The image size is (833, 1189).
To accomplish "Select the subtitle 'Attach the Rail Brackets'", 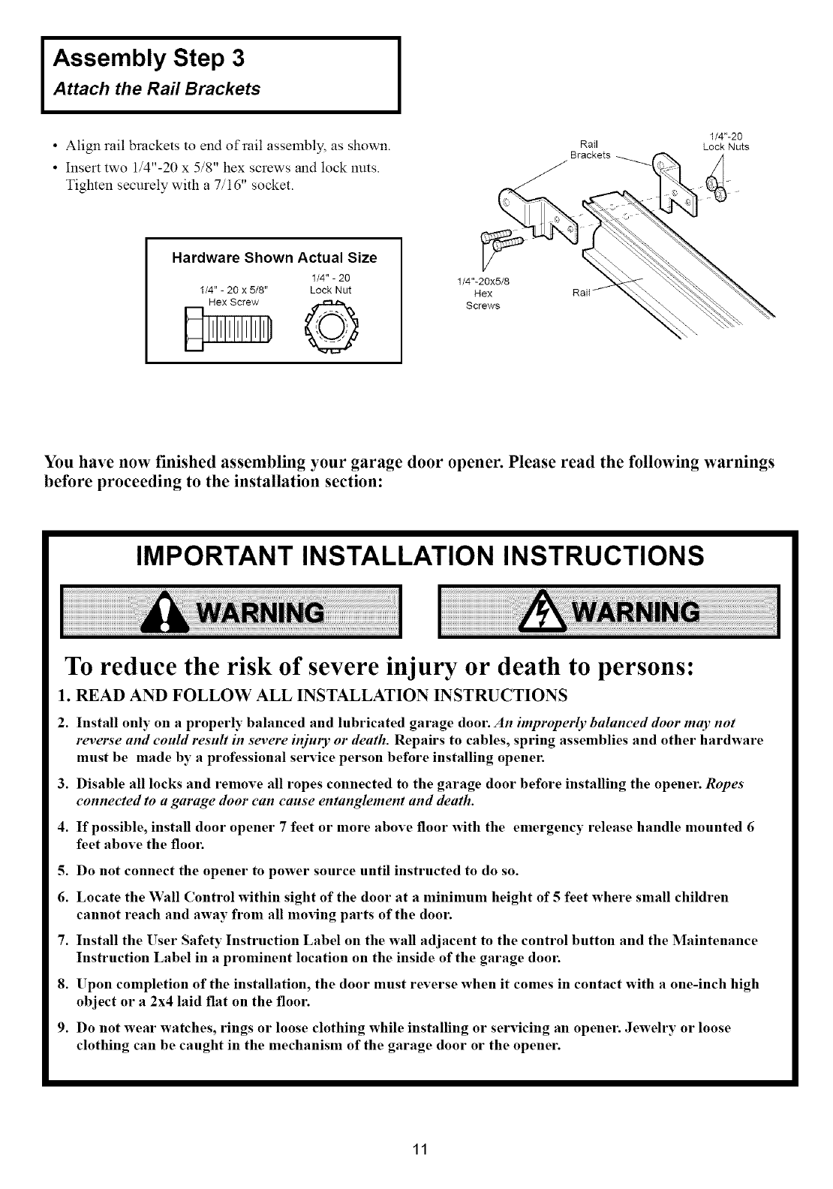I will (156, 89).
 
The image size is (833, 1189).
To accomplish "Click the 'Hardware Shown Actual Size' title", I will (275, 258).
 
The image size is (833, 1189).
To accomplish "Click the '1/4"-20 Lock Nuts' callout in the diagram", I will (726, 141).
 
